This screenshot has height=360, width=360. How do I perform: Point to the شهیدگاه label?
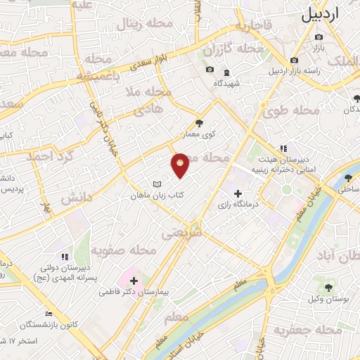tap(226, 83)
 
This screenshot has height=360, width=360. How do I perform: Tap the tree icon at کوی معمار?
tap(200, 122)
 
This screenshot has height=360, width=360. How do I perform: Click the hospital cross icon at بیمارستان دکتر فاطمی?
tap(134, 281)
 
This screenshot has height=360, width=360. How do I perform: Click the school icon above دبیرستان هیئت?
tap(283, 148)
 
